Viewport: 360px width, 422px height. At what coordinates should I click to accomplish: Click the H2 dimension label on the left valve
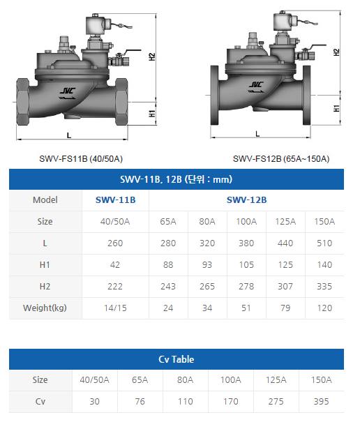point(152,56)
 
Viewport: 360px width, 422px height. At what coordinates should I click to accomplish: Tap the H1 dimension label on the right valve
point(336,109)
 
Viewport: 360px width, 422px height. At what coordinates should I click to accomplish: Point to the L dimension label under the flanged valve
point(257,134)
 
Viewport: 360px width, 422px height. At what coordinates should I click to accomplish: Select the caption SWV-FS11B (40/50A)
point(81,159)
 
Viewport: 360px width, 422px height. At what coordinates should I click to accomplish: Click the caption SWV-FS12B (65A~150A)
point(281,159)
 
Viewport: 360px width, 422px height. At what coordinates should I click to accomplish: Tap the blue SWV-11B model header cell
point(116,200)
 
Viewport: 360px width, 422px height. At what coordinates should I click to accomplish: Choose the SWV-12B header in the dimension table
point(247,200)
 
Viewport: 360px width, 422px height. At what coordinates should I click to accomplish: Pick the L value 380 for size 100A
point(246,243)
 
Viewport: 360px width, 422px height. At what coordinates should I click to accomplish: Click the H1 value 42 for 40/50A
point(115,265)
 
